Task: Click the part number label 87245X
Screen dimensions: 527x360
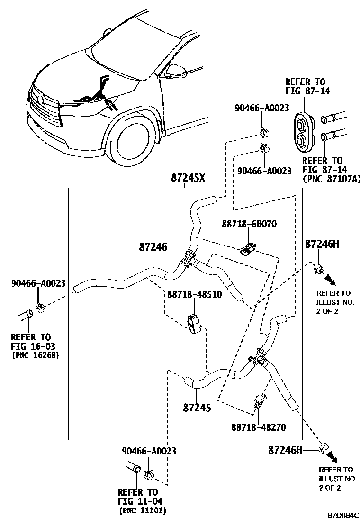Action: [189, 178]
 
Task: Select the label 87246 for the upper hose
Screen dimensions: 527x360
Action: [153, 247]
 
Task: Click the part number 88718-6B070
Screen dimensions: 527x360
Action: [249, 224]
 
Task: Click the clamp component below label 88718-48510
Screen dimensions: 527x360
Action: [193, 323]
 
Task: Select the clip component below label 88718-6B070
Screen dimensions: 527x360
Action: [248, 248]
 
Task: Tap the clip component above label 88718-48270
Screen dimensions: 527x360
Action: [260, 401]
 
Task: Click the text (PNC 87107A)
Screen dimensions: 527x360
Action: [331, 178]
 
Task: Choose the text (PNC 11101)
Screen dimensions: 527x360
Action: [143, 510]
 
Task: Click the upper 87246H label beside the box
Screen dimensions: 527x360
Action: [322, 244]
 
